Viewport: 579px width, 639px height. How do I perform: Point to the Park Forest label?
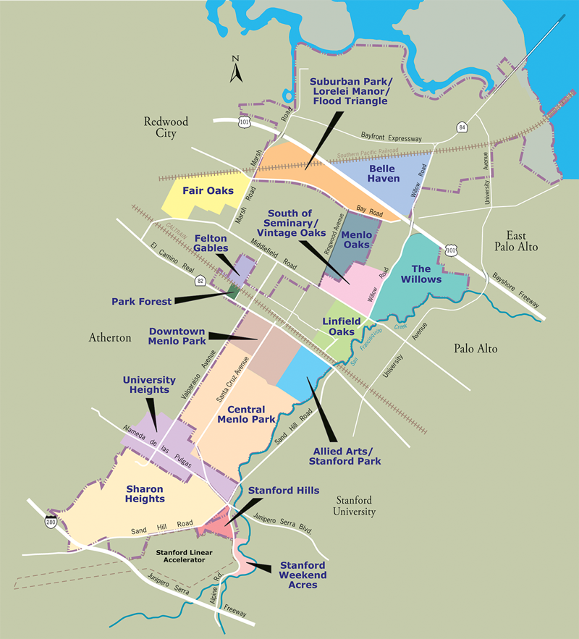click(143, 301)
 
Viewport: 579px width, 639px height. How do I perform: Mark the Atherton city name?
click(110, 337)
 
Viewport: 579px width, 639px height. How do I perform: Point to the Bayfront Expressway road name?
click(391, 137)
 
